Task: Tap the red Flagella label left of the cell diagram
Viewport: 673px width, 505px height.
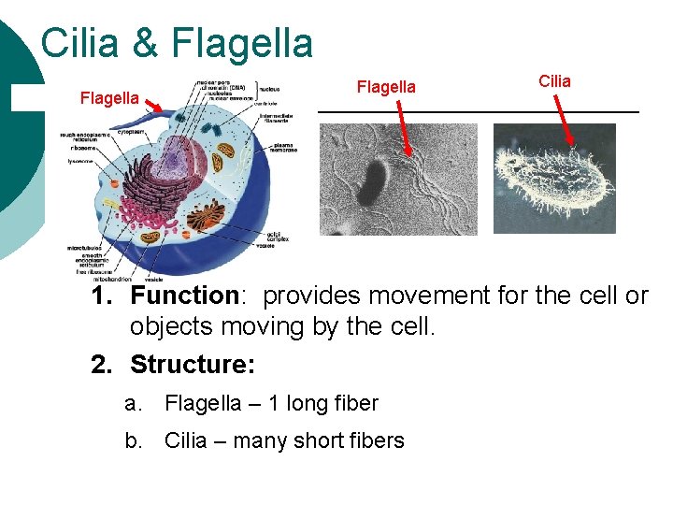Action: [109, 97]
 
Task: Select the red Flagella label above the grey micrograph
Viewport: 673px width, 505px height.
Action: [386, 87]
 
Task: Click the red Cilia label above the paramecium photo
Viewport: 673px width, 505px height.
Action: [554, 81]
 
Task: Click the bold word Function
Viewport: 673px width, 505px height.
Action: [185, 296]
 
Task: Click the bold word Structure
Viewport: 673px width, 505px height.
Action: [193, 363]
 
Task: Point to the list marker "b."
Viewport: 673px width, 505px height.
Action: [134, 440]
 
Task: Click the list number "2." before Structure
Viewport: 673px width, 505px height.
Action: [103, 363]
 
